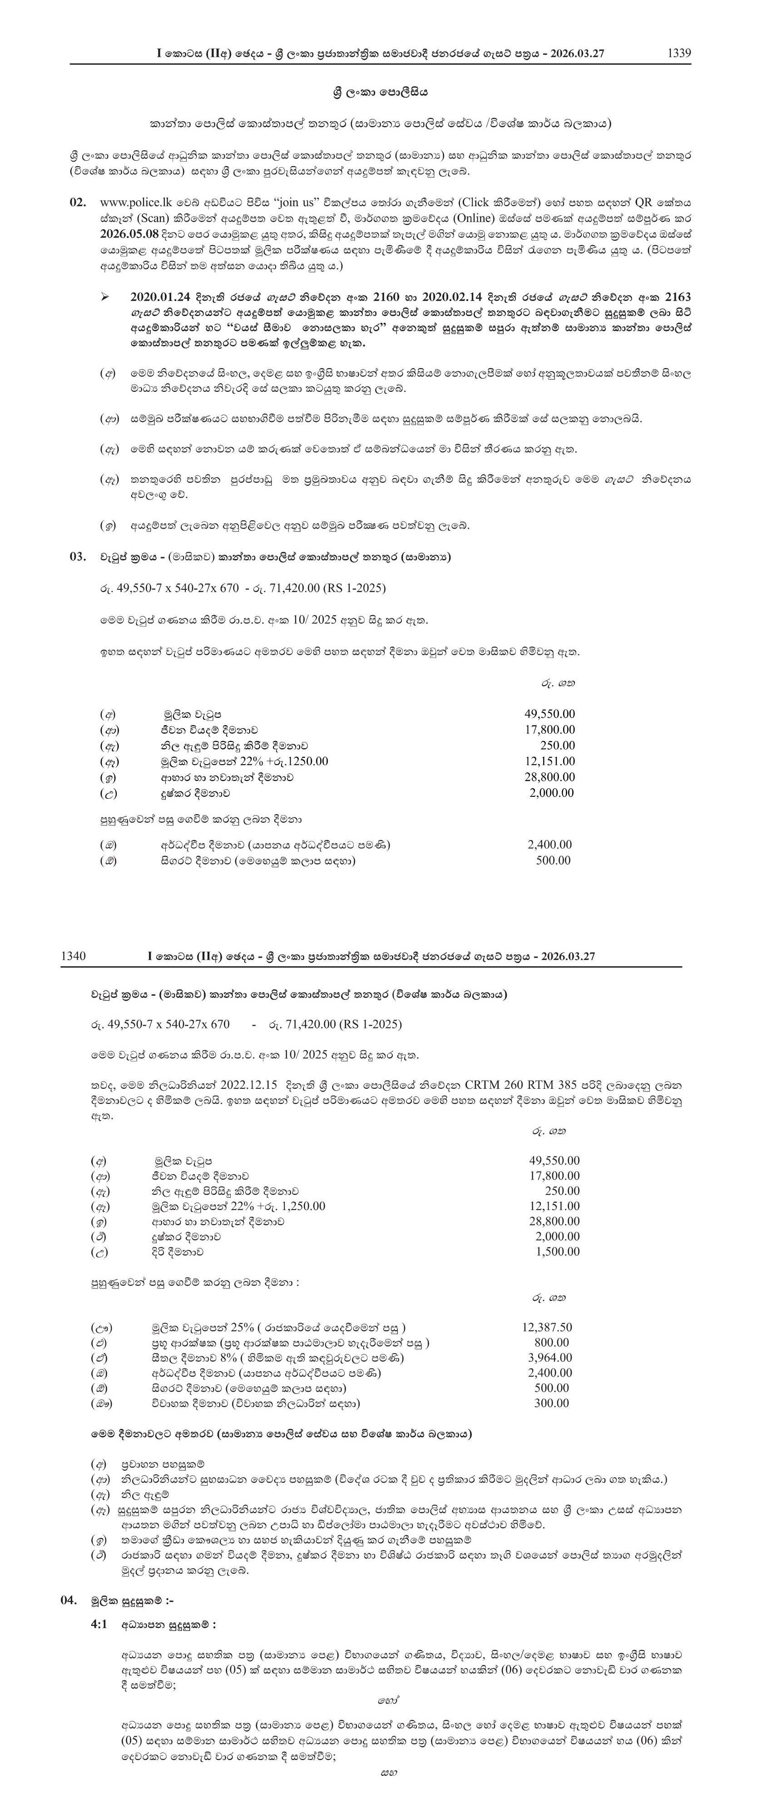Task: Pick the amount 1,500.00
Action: (x=557, y=1251)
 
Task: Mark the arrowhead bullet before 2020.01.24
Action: (x=105, y=297)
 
